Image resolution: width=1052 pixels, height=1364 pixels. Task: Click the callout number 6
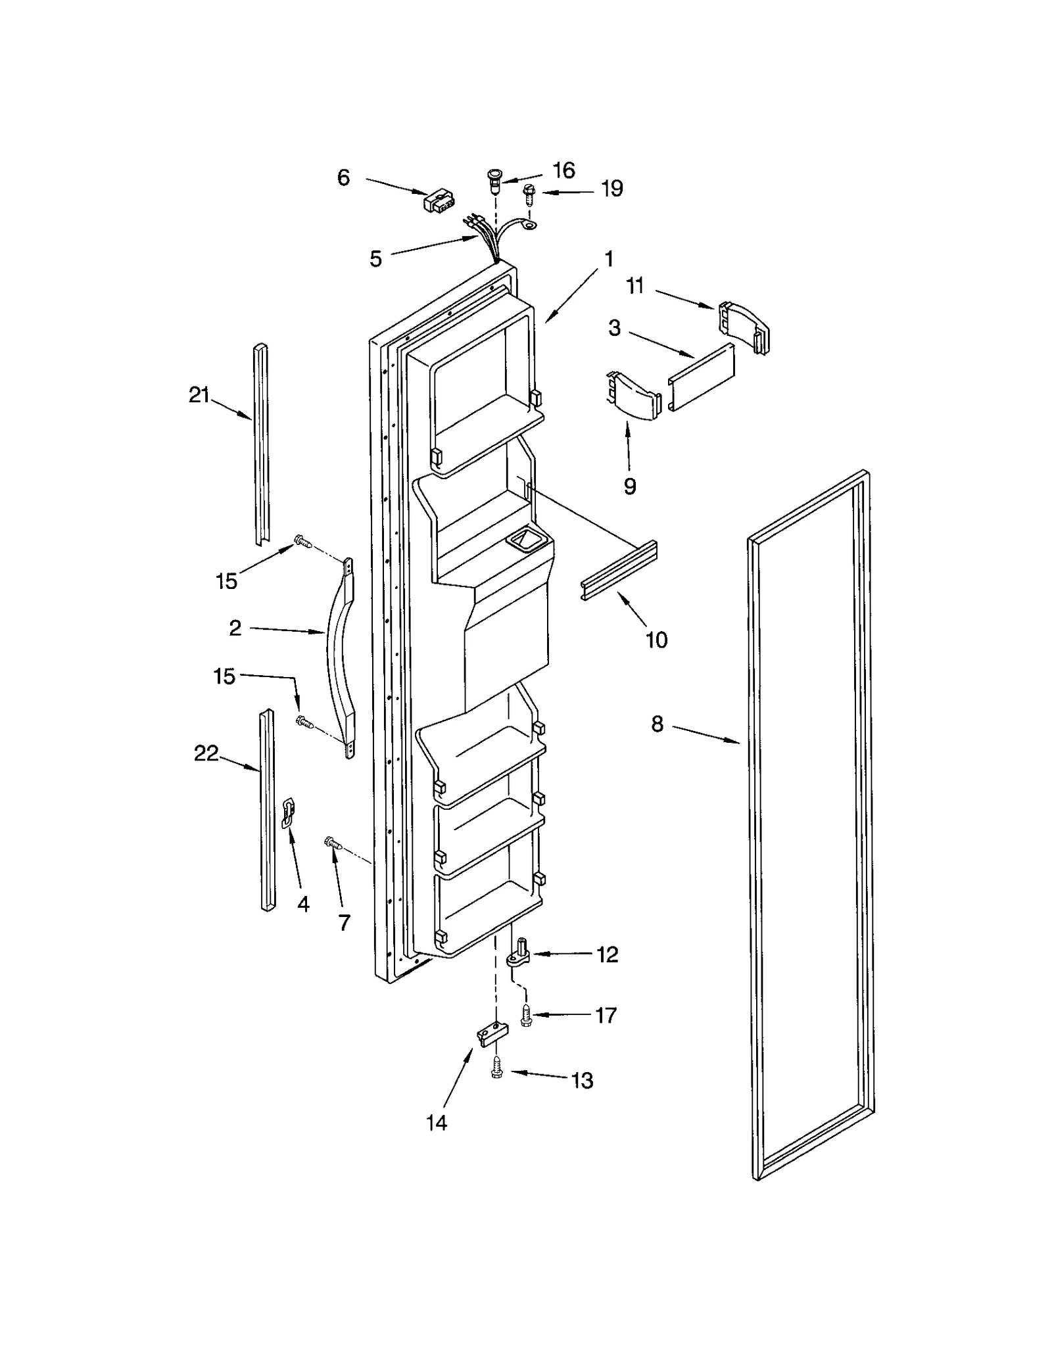pos(343,177)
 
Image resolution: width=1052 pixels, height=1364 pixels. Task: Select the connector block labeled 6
pos(440,201)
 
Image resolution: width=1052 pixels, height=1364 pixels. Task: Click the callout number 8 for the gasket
pos(657,724)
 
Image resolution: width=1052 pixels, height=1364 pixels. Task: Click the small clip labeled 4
pos(288,812)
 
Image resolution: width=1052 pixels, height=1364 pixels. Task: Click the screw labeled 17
pos(526,1016)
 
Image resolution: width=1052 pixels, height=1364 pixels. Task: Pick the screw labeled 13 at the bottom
pos(498,1071)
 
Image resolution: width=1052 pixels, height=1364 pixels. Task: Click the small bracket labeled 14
pos(492,1034)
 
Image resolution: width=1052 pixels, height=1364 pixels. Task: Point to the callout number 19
pos(612,189)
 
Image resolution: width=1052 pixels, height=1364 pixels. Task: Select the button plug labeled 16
pos(492,177)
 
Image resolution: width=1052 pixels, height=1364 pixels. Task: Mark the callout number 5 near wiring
pos(375,258)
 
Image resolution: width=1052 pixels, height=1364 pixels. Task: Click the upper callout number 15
pos(226,580)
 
